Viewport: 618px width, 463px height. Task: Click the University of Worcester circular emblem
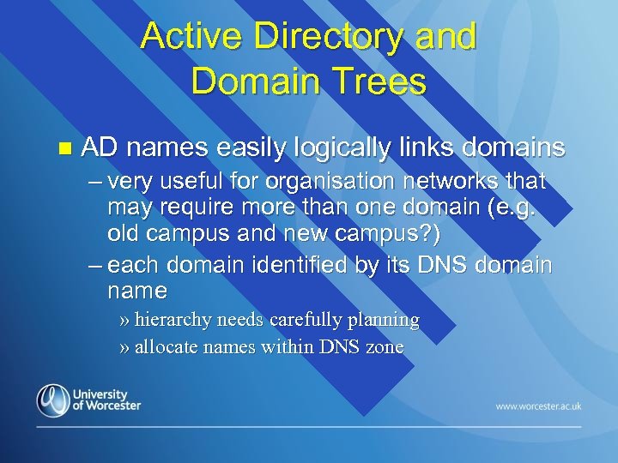pos(53,400)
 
